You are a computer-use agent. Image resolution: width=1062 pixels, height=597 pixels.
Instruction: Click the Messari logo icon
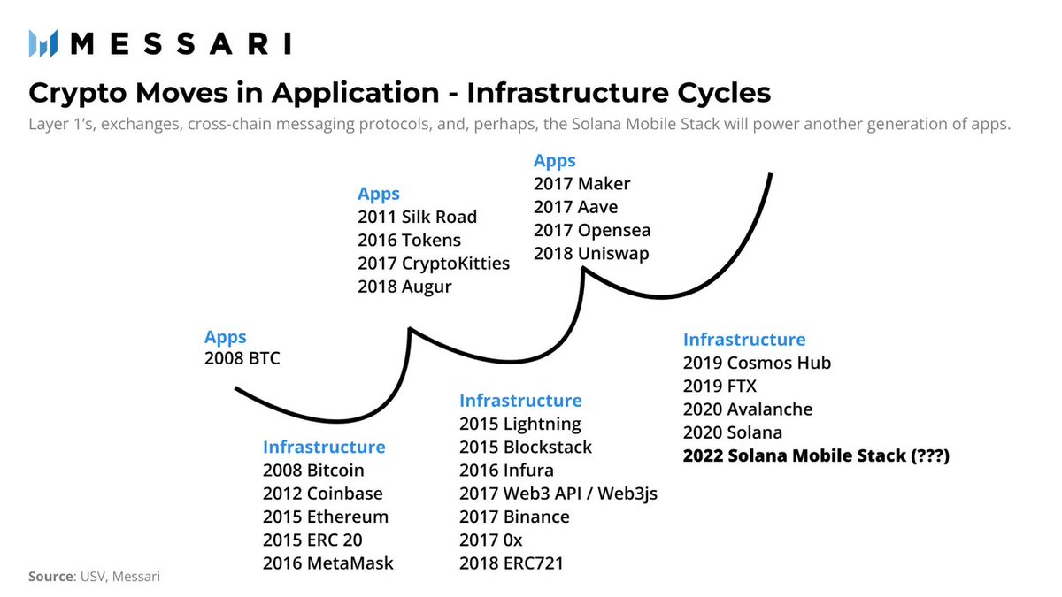pos(42,43)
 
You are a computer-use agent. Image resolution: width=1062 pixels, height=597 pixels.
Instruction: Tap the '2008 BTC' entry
pos(242,359)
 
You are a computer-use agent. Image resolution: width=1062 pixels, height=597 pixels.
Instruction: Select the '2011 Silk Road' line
pos(417,217)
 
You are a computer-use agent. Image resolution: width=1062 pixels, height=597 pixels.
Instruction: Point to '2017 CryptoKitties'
pos(433,264)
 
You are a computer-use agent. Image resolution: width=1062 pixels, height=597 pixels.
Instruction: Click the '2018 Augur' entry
pos(404,287)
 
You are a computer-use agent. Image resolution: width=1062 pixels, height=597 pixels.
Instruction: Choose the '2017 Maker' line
pos(581,184)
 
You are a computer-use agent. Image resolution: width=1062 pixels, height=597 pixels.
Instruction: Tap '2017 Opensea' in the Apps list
pos(591,230)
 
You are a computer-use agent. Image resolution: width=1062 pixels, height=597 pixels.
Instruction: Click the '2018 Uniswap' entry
pos(590,254)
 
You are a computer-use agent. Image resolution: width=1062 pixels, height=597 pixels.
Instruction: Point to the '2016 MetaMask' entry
pos(327,563)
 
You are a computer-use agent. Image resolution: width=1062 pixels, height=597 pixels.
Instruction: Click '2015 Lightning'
pos(519,424)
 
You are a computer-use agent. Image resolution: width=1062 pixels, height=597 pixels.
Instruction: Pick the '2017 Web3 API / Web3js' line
pos(558,494)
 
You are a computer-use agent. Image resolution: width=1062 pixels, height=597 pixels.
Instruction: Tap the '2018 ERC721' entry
pos(511,563)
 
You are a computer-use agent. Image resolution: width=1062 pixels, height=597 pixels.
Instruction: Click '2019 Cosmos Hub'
pos(757,363)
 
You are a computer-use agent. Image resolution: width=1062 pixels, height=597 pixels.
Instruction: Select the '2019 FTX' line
pos(720,386)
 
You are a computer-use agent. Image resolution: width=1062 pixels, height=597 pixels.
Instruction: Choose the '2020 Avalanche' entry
pos(747,409)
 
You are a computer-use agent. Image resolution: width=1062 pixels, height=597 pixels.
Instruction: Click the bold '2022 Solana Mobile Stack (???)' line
pos(816,456)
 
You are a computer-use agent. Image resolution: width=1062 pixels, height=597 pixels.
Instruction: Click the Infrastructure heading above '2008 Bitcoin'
pos(324,447)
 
